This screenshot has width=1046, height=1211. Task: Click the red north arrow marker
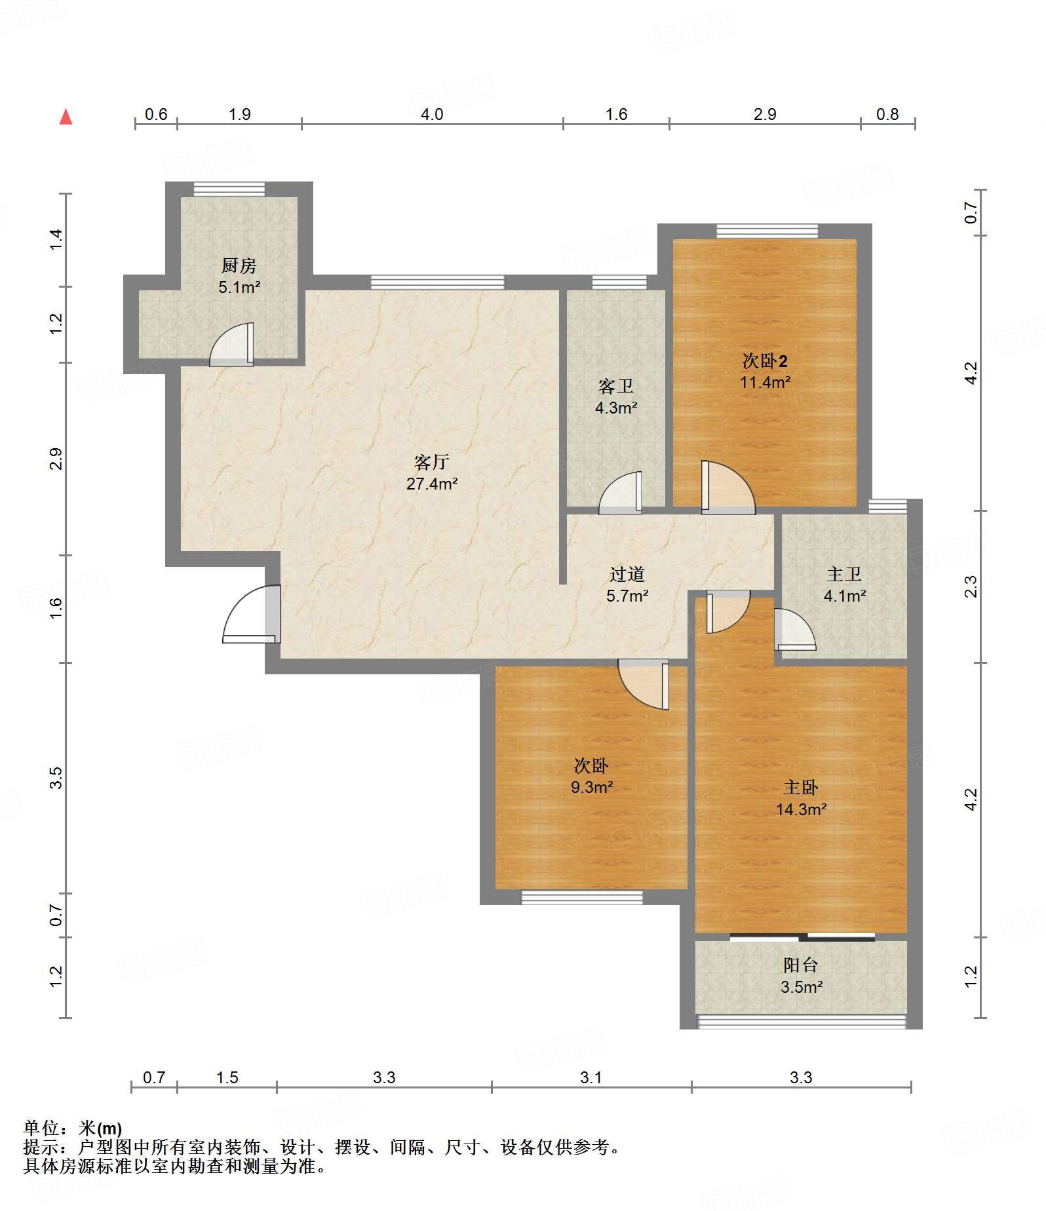coord(66,117)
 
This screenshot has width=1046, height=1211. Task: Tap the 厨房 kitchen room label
coord(239,265)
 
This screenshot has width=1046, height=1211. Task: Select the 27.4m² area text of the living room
coord(431,484)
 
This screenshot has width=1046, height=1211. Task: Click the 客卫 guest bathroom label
coord(615,387)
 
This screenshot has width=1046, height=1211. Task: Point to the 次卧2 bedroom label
coord(765,360)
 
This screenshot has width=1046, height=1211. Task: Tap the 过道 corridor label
coord(627,574)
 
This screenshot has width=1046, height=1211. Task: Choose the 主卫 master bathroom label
coord(844,574)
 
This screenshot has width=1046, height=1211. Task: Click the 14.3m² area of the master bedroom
coord(801,809)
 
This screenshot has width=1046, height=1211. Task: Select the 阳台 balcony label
coord(801,965)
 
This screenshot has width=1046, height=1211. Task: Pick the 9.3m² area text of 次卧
coord(591,787)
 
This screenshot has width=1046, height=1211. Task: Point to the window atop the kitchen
coord(229,189)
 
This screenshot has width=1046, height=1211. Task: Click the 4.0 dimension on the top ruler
coord(432,115)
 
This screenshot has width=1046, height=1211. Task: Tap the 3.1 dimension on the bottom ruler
coord(591,1078)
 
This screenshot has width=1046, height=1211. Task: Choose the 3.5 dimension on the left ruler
coord(56,777)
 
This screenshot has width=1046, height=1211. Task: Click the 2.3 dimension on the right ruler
coord(971,586)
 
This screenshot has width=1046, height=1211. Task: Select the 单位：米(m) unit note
coord(73,1128)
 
